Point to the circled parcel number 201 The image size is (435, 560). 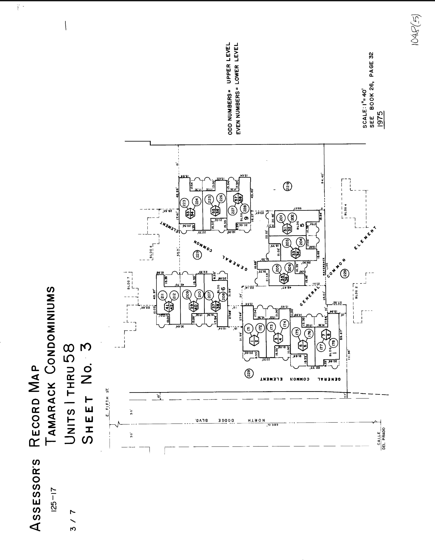[x=281, y=218]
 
